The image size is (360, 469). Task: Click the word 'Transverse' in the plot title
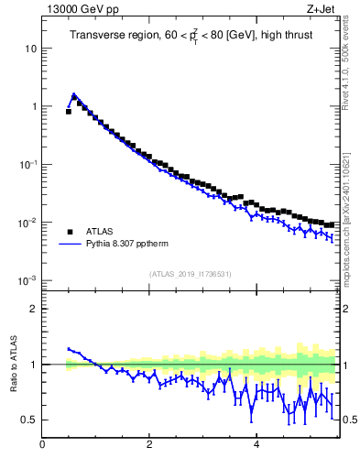(98, 36)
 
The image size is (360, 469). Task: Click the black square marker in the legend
(70, 232)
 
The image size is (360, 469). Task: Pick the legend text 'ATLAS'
(101, 232)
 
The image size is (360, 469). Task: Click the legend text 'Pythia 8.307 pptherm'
(133, 245)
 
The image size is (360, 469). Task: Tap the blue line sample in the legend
(70, 245)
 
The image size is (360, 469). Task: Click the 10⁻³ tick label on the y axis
(27, 280)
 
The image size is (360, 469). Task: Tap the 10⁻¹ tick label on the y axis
(27, 164)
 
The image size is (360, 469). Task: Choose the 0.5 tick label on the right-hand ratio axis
(349, 420)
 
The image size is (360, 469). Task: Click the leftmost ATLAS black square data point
(69, 111)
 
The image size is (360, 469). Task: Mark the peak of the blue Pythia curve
(73, 94)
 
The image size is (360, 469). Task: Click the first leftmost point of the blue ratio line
(69, 348)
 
